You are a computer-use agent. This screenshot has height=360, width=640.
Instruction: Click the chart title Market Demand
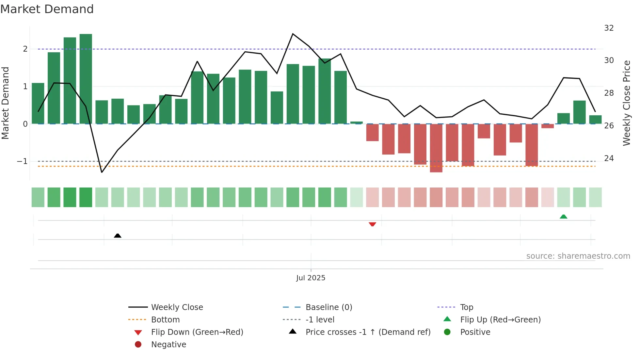pos(47,9)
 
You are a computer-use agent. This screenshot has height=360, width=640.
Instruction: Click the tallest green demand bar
pos(86,78)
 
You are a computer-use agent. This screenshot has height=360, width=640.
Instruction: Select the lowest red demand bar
pos(436,148)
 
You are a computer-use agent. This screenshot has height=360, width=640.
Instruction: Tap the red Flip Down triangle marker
pos(372,224)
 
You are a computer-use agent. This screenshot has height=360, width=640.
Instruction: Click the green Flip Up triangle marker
pos(563,217)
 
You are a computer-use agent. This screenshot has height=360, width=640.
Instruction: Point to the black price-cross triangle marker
pos(118,236)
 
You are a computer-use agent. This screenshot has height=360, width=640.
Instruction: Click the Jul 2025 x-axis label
pos(311,278)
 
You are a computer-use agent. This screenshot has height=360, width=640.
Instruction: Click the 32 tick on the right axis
pos(609,28)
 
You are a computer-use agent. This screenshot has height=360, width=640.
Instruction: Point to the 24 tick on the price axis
pos(609,158)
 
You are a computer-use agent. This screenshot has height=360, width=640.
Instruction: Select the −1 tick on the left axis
pos(22,161)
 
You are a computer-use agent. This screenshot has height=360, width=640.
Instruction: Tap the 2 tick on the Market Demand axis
pos(25,49)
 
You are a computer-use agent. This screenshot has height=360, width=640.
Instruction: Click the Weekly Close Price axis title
pos(626,103)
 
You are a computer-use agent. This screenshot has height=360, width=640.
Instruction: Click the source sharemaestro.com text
pos(578,256)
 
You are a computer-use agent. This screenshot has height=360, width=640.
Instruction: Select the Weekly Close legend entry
pos(177,307)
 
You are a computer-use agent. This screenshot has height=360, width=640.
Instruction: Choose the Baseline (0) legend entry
pos(328,307)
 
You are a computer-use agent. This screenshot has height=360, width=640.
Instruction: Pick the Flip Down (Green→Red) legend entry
pos(197,332)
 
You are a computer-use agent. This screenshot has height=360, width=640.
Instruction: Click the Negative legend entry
pos(168,344)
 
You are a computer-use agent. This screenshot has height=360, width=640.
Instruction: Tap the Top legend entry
pos(466,307)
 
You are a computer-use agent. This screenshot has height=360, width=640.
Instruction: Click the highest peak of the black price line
pos(293,34)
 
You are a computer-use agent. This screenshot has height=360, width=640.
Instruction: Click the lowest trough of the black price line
pos(102,172)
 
